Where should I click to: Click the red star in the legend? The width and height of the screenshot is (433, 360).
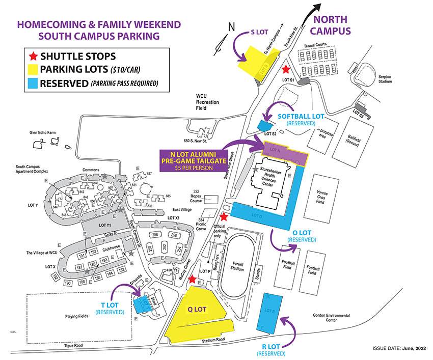click(35, 56)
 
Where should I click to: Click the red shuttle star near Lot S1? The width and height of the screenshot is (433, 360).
click(286, 69)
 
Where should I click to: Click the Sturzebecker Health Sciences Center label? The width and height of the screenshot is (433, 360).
click(274, 179)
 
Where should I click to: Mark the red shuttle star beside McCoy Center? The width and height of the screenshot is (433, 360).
click(192, 279)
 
